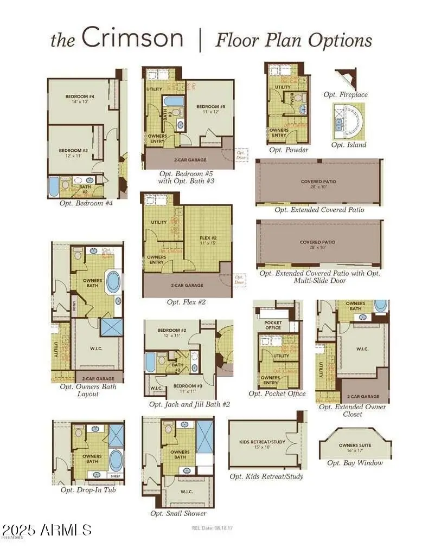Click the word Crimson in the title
pyautogui.click(x=132, y=38)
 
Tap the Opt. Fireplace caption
pyautogui.click(x=346, y=94)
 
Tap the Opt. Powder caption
pyautogui.click(x=289, y=150)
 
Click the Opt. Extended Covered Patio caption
pyautogui.click(x=319, y=210)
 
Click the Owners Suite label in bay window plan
pyautogui.click(x=355, y=447)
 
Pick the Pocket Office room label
pyautogui.click(x=273, y=325)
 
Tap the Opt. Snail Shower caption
pyautogui.click(x=178, y=513)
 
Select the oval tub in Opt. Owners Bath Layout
pyautogui.click(x=113, y=283)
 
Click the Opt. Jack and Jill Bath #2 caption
pyautogui.click(x=190, y=404)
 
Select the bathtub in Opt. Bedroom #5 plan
pyautogui.click(x=174, y=101)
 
